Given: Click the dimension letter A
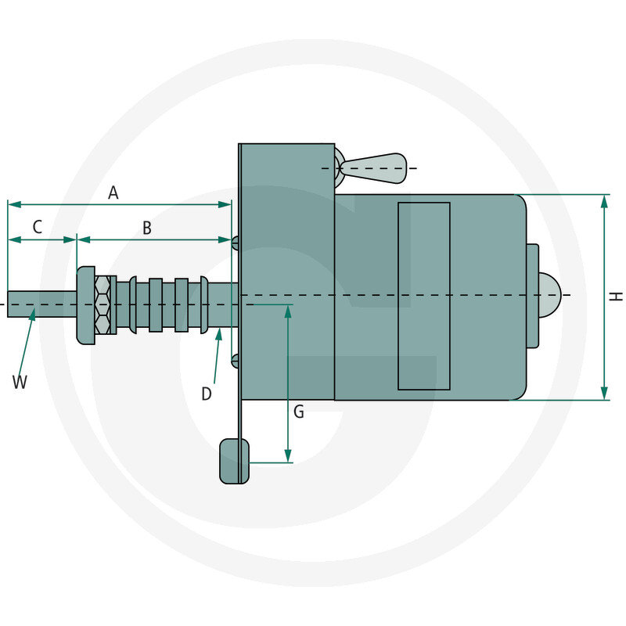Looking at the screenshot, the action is click(x=113, y=192).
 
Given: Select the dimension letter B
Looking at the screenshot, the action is click(x=147, y=228).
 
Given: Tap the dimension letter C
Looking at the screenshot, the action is click(x=37, y=227).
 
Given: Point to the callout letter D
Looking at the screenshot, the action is click(x=206, y=394).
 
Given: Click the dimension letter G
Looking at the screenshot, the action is click(x=299, y=412).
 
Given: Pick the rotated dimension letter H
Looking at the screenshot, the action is click(x=616, y=297).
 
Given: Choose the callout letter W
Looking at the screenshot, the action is click(x=20, y=382).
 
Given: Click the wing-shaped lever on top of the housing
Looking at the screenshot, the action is click(x=373, y=168).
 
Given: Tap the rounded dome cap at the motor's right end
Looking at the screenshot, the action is click(x=549, y=296).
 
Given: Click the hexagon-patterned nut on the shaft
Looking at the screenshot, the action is click(x=103, y=304).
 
